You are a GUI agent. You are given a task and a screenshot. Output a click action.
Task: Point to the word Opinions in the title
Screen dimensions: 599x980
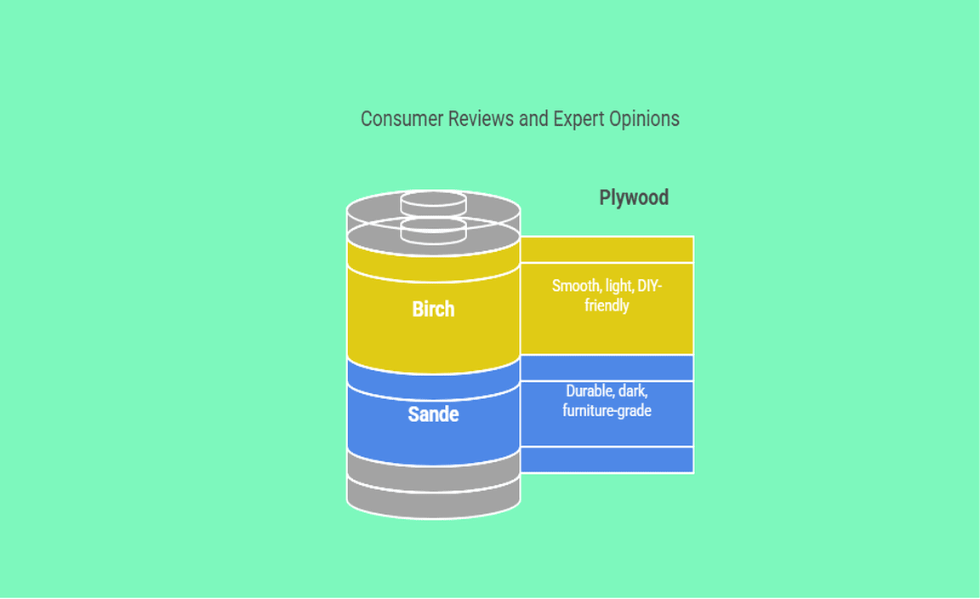[644, 119]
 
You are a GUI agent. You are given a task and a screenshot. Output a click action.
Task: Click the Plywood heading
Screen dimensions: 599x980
[634, 197]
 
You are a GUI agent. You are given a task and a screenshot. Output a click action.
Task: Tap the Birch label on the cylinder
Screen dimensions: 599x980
[433, 309]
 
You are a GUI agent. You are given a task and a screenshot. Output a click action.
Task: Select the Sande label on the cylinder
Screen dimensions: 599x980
[433, 414]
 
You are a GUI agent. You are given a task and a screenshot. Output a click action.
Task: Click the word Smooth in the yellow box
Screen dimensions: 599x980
[575, 286]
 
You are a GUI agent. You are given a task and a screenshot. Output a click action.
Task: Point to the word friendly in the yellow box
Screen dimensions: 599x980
[607, 305]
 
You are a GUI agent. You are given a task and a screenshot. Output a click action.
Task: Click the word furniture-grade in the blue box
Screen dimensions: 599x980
[607, 411]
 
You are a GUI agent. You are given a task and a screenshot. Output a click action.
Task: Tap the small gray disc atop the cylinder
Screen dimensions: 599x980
[434, 203]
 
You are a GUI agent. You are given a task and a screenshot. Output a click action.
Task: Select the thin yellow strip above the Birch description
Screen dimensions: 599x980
[607, 250]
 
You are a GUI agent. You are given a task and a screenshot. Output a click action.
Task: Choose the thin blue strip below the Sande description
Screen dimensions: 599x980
[607, 459]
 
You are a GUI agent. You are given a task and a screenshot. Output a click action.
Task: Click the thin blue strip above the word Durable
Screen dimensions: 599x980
[607, 368]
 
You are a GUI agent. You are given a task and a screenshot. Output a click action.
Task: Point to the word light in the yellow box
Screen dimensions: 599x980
[619, 286]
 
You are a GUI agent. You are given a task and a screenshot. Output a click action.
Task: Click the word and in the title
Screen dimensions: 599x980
[533, 119]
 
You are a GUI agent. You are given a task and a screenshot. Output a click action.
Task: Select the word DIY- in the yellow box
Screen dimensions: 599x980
[650, 286]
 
